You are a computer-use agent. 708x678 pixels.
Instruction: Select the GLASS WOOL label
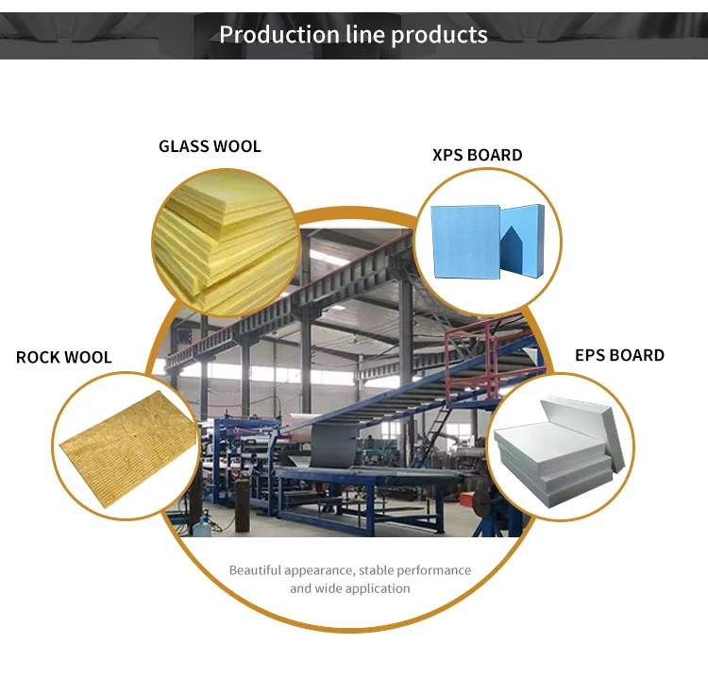pos(210,146)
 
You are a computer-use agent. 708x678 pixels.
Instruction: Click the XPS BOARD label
pos(477,155)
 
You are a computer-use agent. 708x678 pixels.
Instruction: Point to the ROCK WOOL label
pos(63,357)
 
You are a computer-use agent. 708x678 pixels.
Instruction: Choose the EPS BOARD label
pos(619,355)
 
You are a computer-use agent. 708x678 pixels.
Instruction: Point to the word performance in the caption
pos(437,570)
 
